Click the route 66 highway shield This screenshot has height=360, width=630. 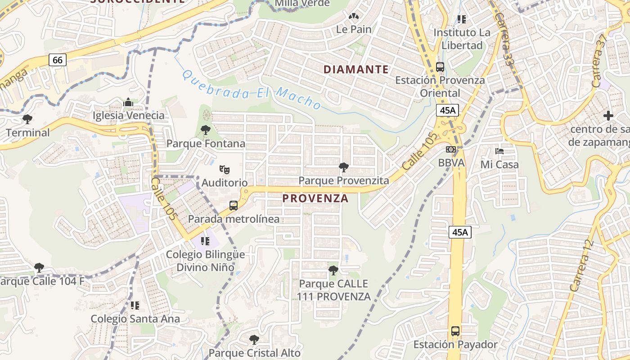(58, 60)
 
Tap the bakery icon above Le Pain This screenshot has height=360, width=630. (354, 17)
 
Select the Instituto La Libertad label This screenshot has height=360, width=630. (462, 39)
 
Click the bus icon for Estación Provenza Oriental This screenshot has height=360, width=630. (440, 67)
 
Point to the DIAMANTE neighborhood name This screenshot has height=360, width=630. (356, 69)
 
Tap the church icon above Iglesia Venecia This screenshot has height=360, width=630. (128, 103)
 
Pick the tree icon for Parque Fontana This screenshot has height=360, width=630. (206, 130)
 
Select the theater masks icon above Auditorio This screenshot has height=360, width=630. (225, 170)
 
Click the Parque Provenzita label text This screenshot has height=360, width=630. (344, 180)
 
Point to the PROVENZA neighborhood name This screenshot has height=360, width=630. (315, 198)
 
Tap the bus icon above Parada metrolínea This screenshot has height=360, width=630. (234, 206)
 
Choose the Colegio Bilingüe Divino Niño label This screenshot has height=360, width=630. (205, 261)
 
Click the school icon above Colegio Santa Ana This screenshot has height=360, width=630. (135, 306)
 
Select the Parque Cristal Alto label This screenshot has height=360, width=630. (254, 353)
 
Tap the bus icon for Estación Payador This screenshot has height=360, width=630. (455, 331)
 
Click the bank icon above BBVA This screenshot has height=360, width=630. (451, 149)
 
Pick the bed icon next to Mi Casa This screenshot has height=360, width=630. (499, 151)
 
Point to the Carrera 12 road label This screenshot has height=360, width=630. (582, 265)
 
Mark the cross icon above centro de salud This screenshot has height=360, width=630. (608, 116)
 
